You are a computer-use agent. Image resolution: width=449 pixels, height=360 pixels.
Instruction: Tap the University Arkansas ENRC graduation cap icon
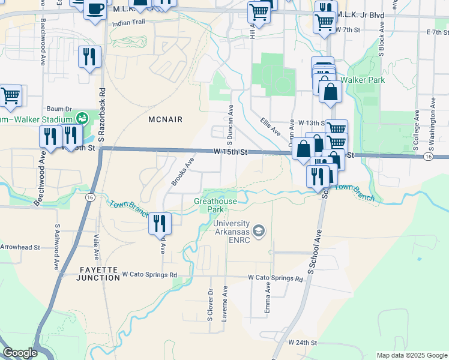[x=259, y=231]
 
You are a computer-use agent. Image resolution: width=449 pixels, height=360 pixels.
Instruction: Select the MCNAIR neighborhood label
[x=164, y=119]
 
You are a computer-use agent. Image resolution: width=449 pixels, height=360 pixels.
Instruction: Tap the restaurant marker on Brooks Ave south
[x=160, y=224]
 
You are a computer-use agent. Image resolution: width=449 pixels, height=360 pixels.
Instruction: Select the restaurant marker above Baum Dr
[x=89, y=57]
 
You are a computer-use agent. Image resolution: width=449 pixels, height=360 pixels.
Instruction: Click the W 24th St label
[x=302, y=342]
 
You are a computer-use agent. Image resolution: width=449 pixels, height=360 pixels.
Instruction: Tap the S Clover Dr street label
[x=211, y=305]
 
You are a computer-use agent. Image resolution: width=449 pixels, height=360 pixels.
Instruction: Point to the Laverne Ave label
[x=224, y=304]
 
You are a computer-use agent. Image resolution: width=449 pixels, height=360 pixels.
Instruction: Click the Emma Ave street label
[x=268, y=299]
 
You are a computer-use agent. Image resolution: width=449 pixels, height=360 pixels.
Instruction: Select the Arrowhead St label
[x=20, y=247]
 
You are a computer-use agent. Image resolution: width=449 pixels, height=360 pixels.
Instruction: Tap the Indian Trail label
[x=128, y=23]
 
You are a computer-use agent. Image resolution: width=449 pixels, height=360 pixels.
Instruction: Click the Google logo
[x=20, y=353]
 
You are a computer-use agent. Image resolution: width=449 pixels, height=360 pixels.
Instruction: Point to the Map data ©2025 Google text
[x=411, y=355]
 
